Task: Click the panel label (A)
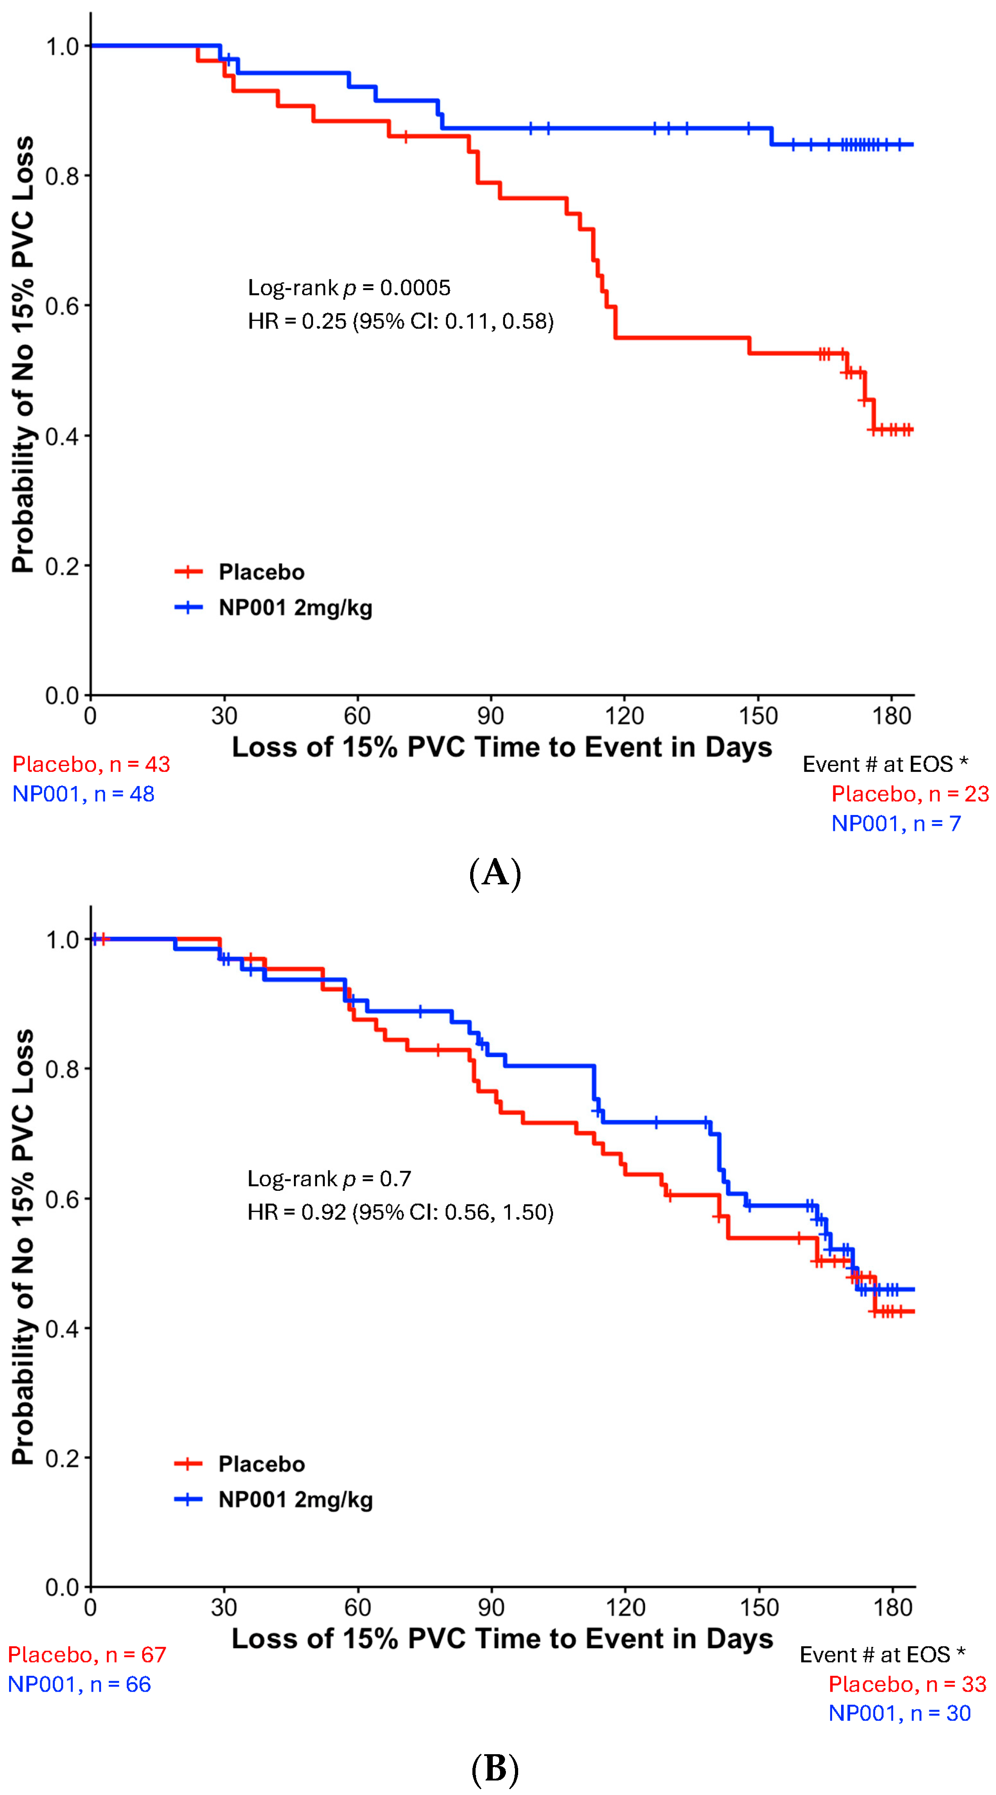pos(495,873)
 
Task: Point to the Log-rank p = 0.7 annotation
pos(329,1179)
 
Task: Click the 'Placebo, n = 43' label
pos(91,764)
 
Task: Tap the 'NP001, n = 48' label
pos(84,794)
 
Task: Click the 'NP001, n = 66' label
pos(79,1684)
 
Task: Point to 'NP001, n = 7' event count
pos(896,824)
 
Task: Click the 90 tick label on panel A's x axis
pos(491,716)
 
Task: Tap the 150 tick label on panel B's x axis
pos(759,1607)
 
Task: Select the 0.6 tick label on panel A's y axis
pos(62,306)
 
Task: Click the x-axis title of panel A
pos(502,747)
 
